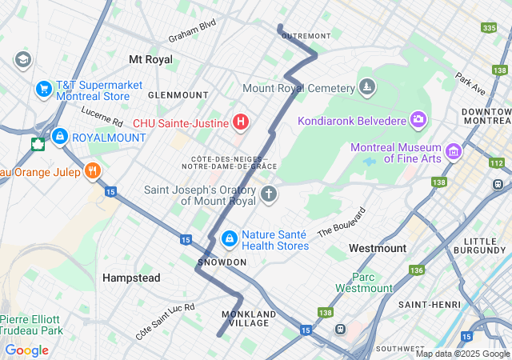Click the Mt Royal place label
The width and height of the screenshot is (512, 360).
(150, 59)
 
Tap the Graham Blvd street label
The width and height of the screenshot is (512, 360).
(192, 31)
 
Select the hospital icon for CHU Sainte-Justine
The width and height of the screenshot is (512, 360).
(240, 122)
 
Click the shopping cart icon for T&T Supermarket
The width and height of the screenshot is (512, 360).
(44, 90)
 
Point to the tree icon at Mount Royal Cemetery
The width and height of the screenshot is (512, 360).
(367, 87)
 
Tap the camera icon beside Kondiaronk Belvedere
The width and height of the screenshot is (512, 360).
(418, 121)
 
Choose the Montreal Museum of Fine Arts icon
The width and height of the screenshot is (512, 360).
(454, 151)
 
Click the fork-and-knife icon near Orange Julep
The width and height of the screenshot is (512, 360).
(94, 170)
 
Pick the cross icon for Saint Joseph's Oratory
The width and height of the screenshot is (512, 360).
(269, 194)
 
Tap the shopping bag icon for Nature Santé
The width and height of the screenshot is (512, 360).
(229, 238)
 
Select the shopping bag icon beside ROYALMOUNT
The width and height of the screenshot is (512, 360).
(59, 138)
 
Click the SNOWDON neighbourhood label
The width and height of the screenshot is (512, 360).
(222, 262)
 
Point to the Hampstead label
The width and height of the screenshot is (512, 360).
(131, 278)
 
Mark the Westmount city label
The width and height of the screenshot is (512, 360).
(377, 249)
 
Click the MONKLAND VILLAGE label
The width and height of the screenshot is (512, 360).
(249, 318)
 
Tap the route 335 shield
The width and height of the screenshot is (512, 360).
(490, 28)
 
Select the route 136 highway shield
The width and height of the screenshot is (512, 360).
(416, 270)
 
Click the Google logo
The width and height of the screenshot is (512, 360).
(26, 350)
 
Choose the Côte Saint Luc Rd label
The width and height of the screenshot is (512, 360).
(166, 322)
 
